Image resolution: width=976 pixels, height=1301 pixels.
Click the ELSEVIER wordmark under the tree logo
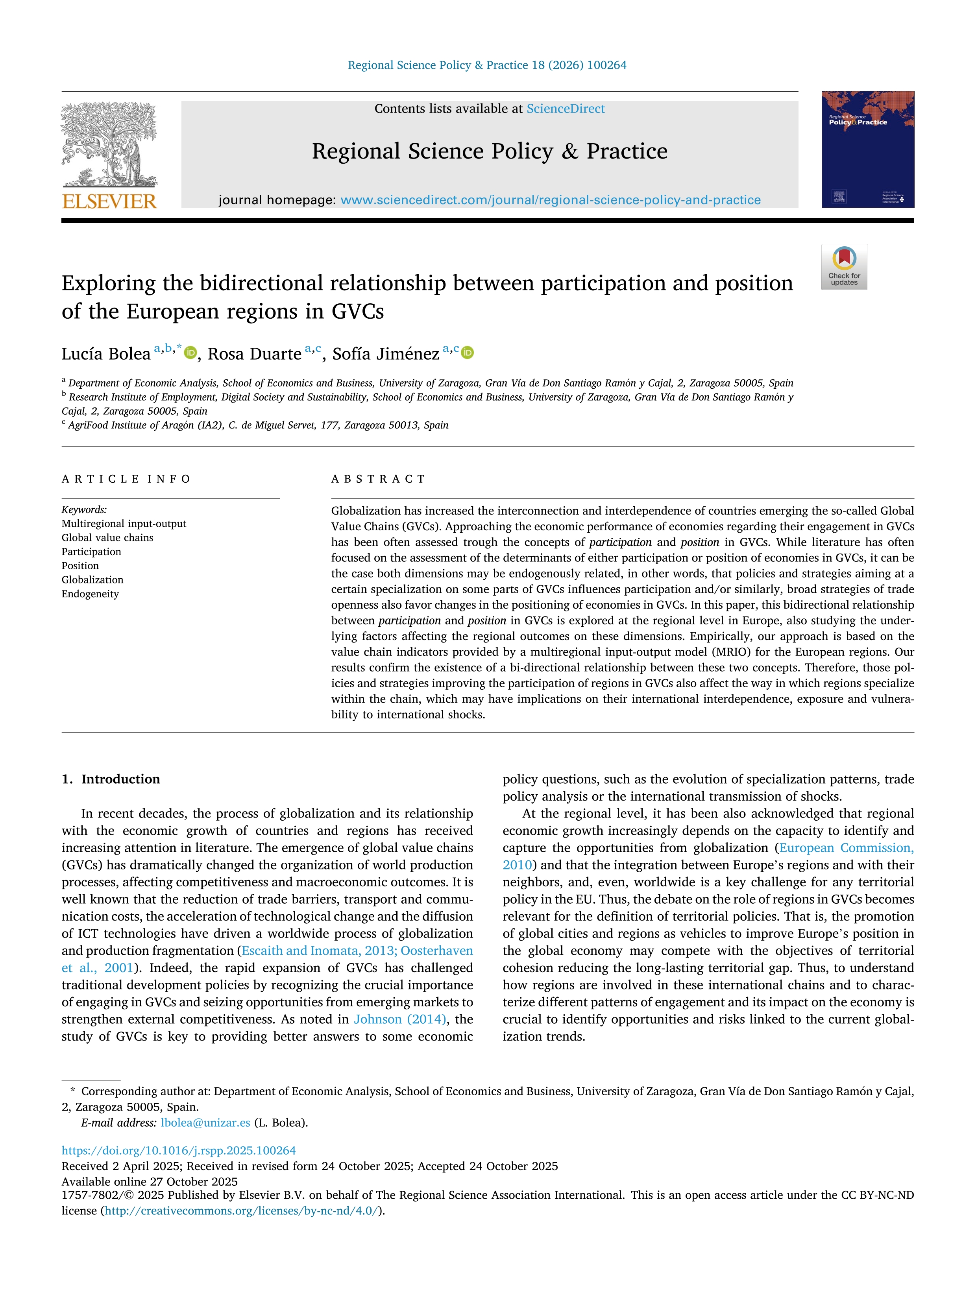[109, 202]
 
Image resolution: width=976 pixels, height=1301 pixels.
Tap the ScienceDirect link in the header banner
[566, 109]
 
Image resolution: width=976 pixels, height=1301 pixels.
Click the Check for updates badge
[844, 266]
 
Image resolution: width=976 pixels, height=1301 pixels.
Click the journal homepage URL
[550, 200]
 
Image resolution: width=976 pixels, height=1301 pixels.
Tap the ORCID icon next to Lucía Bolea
[190, 353]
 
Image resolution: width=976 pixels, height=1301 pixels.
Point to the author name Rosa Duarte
[254, 354]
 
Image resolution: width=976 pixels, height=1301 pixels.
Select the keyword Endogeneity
[90, 594]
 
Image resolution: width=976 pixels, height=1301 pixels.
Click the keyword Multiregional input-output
[124, 524]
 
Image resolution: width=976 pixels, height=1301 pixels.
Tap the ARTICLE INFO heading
[126, 479]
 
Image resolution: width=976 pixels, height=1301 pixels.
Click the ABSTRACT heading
[378, 479]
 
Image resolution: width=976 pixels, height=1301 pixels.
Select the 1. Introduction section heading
[111, 779]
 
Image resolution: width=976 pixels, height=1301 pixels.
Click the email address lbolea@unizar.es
[205, 1122]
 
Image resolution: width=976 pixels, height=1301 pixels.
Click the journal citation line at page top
[487, 65]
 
